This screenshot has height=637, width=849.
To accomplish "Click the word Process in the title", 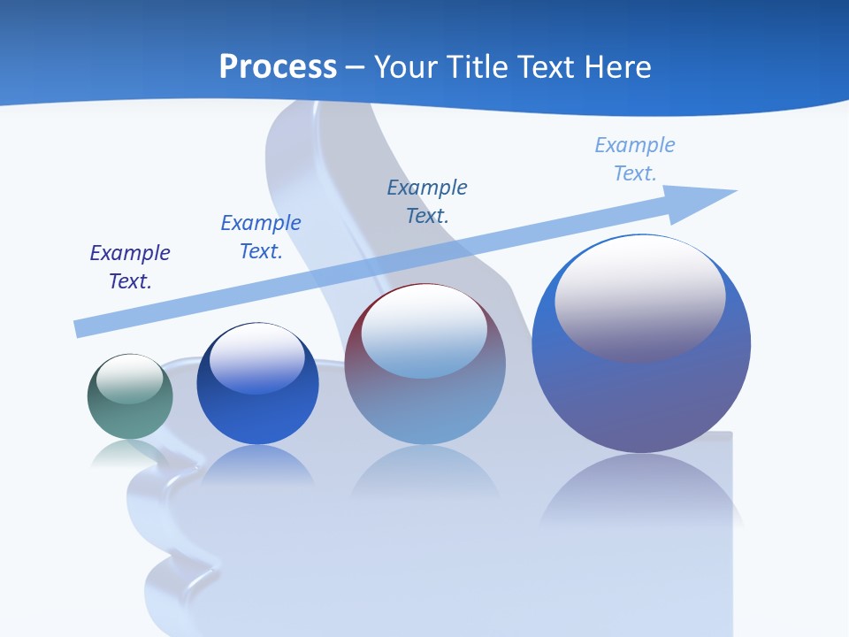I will pyautogui.click(x=278, y=66).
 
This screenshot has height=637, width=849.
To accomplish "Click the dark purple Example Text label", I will pyautogui.click(x=130, y=267).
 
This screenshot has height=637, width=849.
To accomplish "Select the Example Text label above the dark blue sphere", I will pyautogui.click(x=261, y=237).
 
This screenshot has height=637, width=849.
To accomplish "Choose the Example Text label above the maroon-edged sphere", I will pyautogui.click(x=427, y=201).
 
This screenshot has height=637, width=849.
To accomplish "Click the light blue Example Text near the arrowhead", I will pyautogui.click(x=635, y=159).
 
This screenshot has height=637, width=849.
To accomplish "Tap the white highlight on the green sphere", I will pyautogui.click(x=130, y=379).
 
